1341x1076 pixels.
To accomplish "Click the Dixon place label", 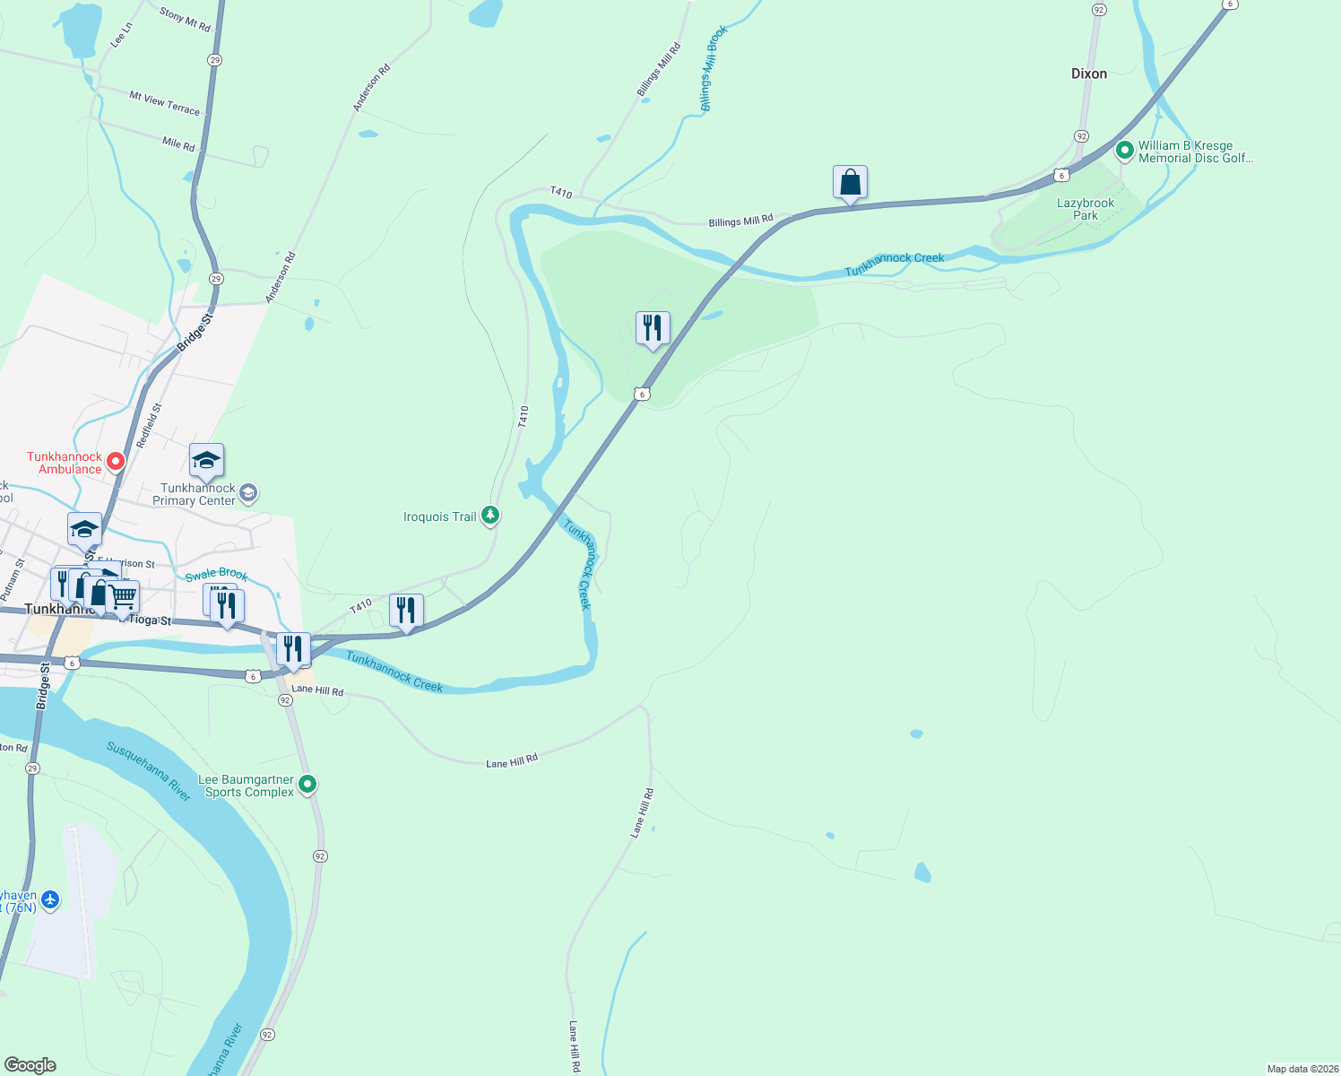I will [1089, 74].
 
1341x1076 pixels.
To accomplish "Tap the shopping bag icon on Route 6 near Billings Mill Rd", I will [850, 183].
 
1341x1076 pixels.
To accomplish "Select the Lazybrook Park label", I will [1086, 209].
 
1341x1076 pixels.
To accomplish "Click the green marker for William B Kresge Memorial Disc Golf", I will [1125, 151].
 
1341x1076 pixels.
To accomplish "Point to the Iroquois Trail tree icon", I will [490, 515].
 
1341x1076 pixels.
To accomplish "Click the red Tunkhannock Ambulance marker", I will [116, 462].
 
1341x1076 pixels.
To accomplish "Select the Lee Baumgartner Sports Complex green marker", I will [307, 785].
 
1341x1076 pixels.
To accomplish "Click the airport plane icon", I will [50, 899].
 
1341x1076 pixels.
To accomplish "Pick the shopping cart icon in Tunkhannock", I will [124, 596].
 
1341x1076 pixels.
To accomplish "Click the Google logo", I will [30, 1065].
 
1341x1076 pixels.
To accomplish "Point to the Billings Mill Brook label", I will [714, 68].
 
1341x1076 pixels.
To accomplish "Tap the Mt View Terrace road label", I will [164, 103].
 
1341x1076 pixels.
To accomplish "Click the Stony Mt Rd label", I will [185, 20].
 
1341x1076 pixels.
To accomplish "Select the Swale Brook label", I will [216, 574].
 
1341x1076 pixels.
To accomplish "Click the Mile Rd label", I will [178, 143].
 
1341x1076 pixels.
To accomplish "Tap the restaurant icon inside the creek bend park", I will [653, 328].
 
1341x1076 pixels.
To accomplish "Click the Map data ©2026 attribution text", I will [1300, 1069].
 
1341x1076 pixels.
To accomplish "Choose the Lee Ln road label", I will [121, 35].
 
